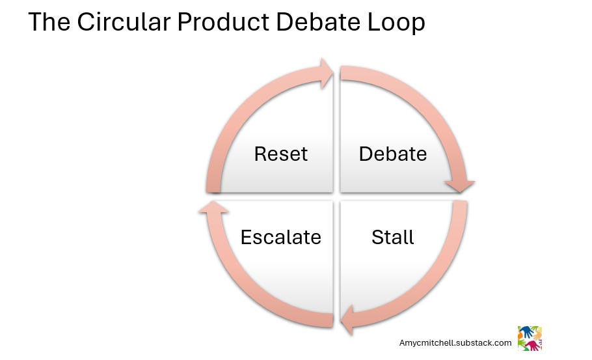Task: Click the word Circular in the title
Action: click(x=124, y=22)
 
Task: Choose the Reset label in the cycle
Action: click(x=280, y=154)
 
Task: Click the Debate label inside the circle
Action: click(x=393, y=154)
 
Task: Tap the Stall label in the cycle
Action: click(x=392, y=237)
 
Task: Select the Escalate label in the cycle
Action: click(x=280, y=237)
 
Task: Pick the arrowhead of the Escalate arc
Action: click(x=209, y=208)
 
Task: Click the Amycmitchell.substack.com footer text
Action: click(x=455, y=342)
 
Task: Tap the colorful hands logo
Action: click(x=529, y=338)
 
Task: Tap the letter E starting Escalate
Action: click(x=246, y=237)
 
